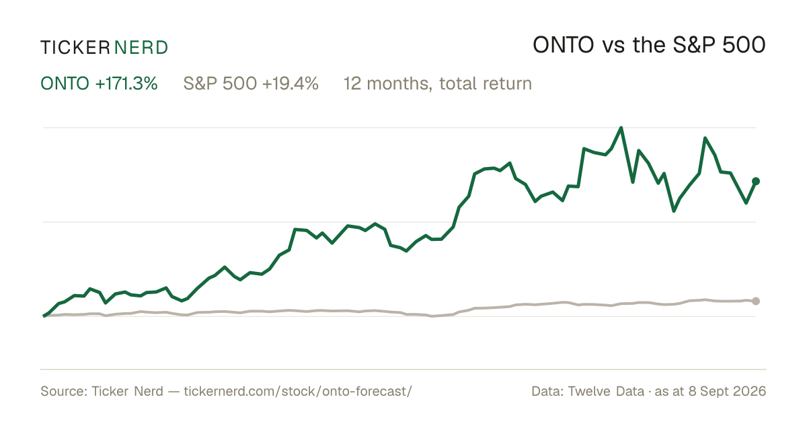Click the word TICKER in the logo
pos(75,48)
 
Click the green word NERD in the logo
pos(141,48)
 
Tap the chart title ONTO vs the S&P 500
pos(649,45)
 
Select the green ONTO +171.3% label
pos(99,83)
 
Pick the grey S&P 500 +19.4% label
pos(251,83)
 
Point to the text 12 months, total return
pos(438,83)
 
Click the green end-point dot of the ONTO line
pos(756,181)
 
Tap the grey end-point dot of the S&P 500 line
pos(756,301)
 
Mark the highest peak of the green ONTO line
pos(621,128)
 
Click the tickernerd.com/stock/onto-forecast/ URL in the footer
pos(298,391)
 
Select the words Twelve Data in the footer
pos(606,391)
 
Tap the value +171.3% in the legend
pos(126,83)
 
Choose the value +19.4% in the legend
pos(291,83)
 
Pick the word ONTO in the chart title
pos(564,45)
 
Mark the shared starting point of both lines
pos(44,316)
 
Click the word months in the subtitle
pos(398,83)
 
